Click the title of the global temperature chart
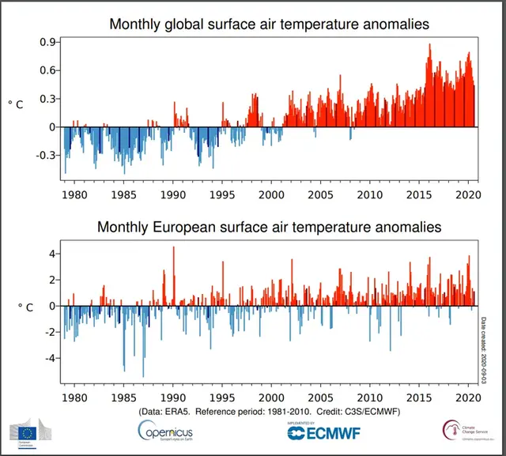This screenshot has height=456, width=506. click(x=270, y=24)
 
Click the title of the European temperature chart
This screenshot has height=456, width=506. click(x=270, y=228)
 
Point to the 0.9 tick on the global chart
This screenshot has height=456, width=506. click(x=47, y=42)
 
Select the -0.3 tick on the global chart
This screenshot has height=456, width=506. click(x=45, y=156)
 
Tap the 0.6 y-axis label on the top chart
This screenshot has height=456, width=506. click(x=47, y=70)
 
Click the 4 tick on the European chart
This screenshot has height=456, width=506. click(x=51, y=254)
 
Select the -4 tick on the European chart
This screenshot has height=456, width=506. click(x=49, y=358)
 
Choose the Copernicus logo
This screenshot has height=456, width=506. click(x=165, y=432)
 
